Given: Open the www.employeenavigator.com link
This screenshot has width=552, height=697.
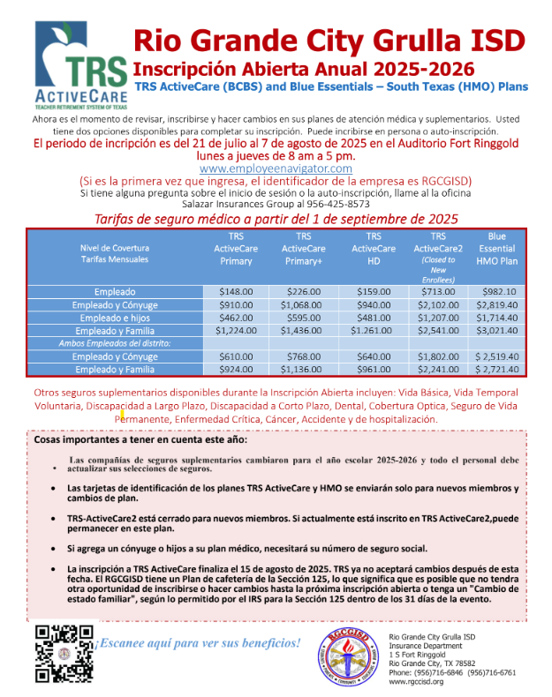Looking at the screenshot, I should point(276,168).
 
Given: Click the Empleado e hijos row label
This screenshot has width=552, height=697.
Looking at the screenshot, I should point(116,317).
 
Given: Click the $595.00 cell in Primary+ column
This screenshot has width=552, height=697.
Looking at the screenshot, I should point(303,317).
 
